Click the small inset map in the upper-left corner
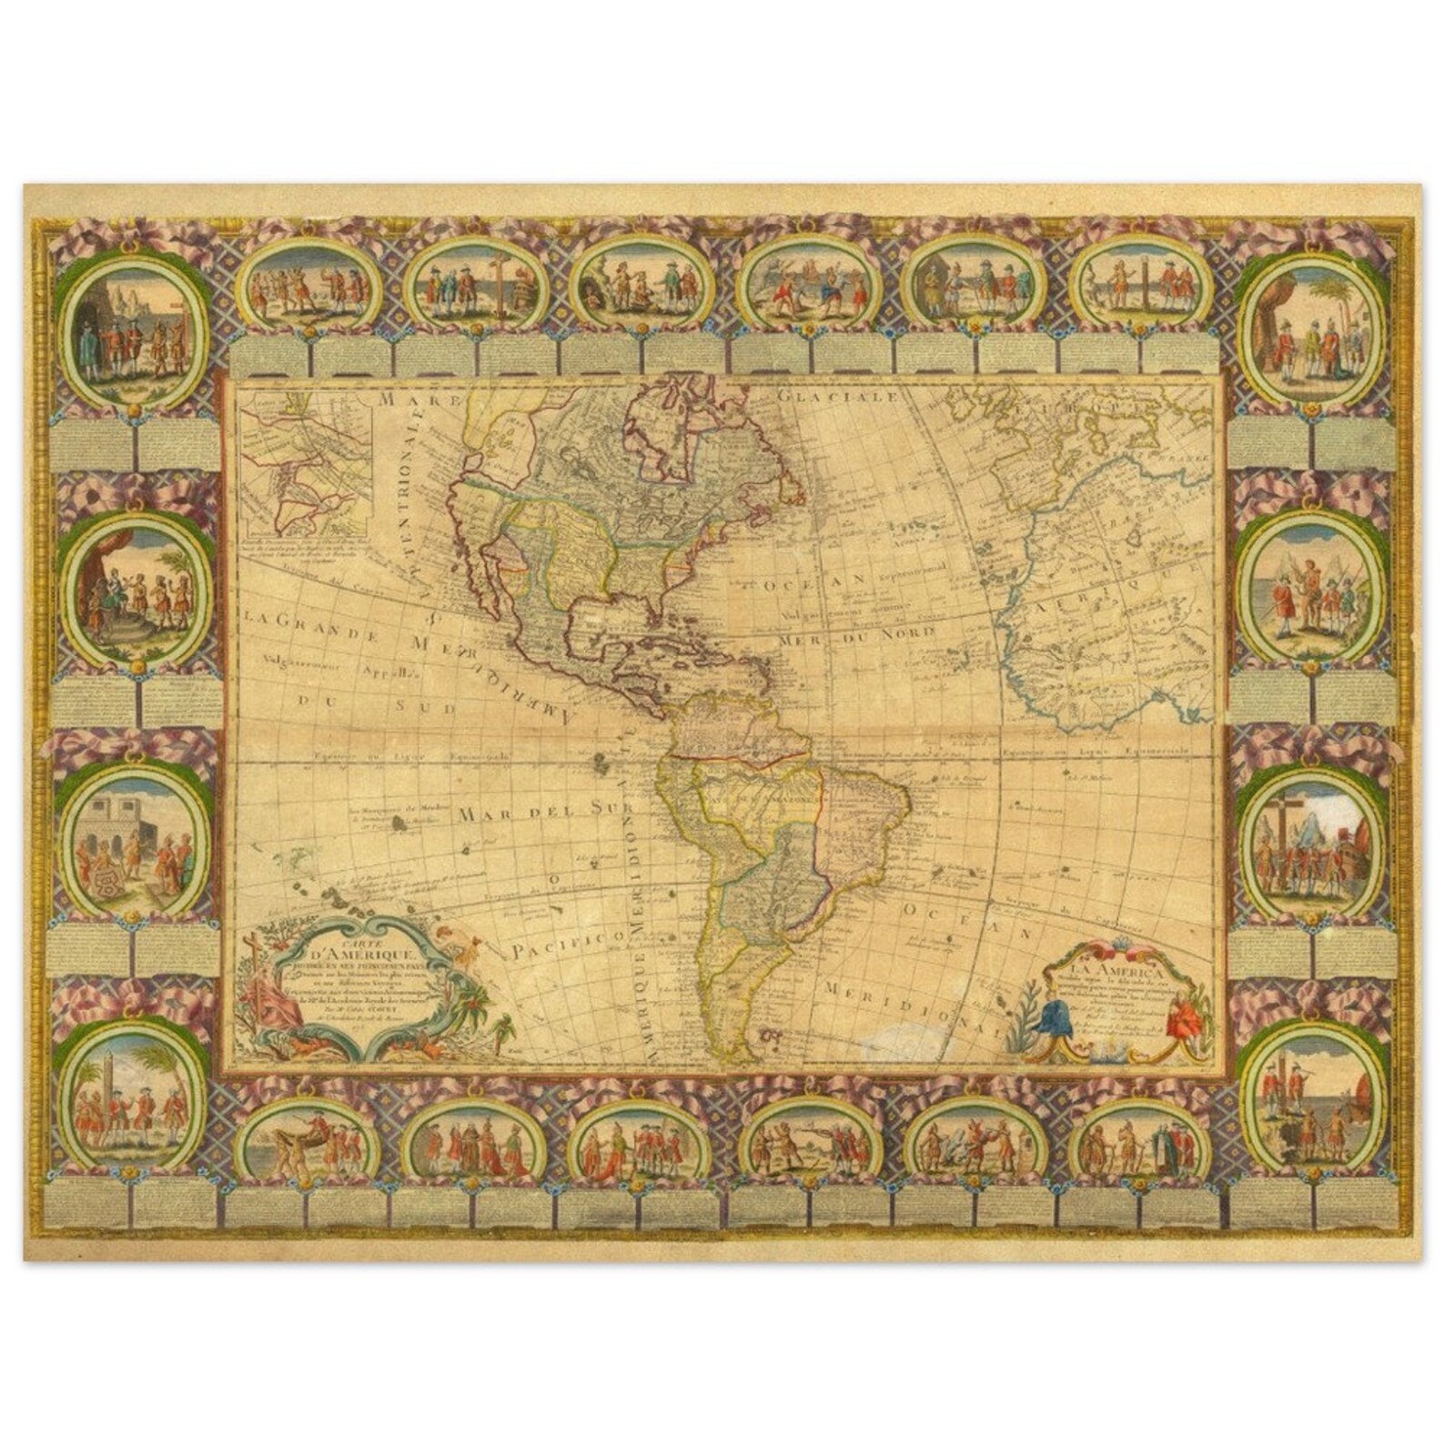point(306,463)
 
